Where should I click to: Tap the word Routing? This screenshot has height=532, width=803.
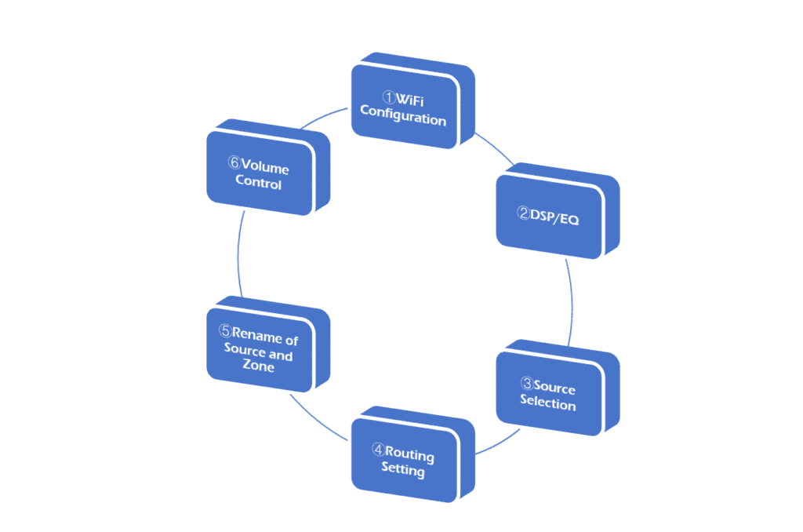(x=410, y=454)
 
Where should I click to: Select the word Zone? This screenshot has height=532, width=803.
(x=258, y=366)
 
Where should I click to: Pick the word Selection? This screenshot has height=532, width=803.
(x=548, y=404)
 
